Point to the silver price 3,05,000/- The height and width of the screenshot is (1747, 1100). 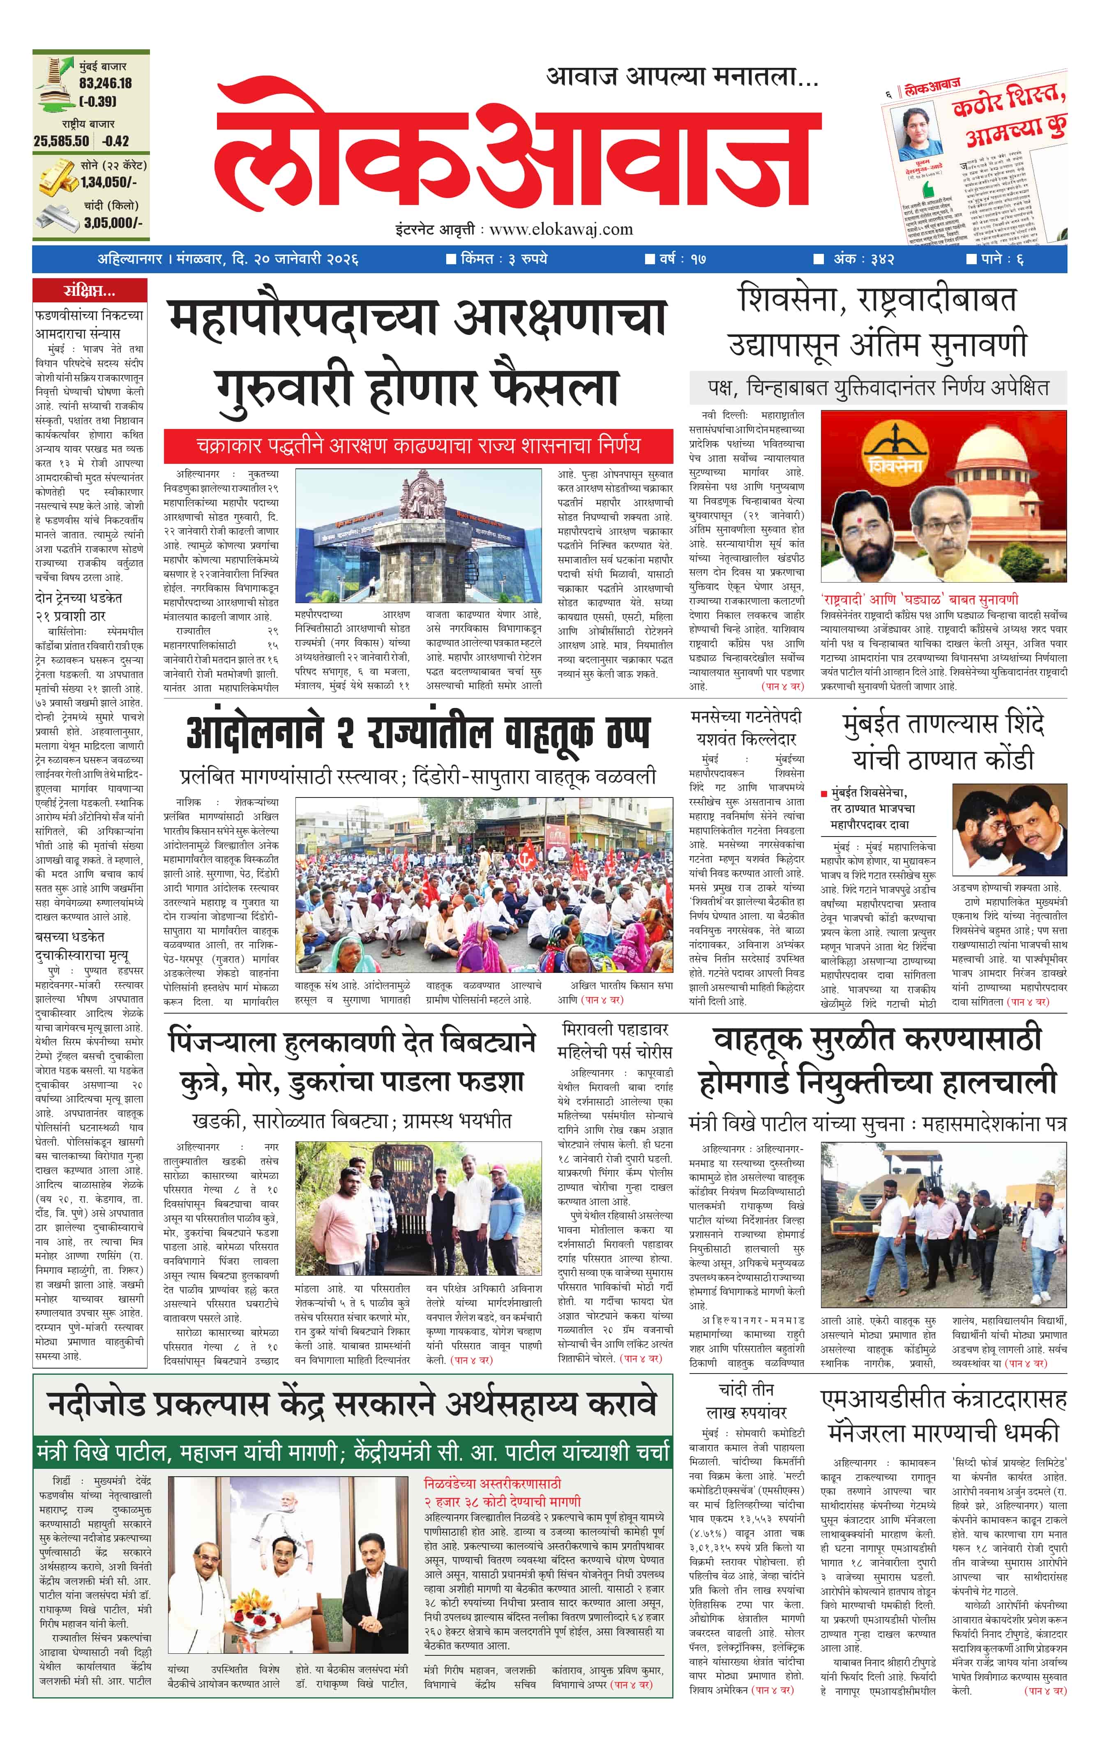click(x=113, y=223)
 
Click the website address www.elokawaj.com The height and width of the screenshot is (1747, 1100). click(x=561, y=230)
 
